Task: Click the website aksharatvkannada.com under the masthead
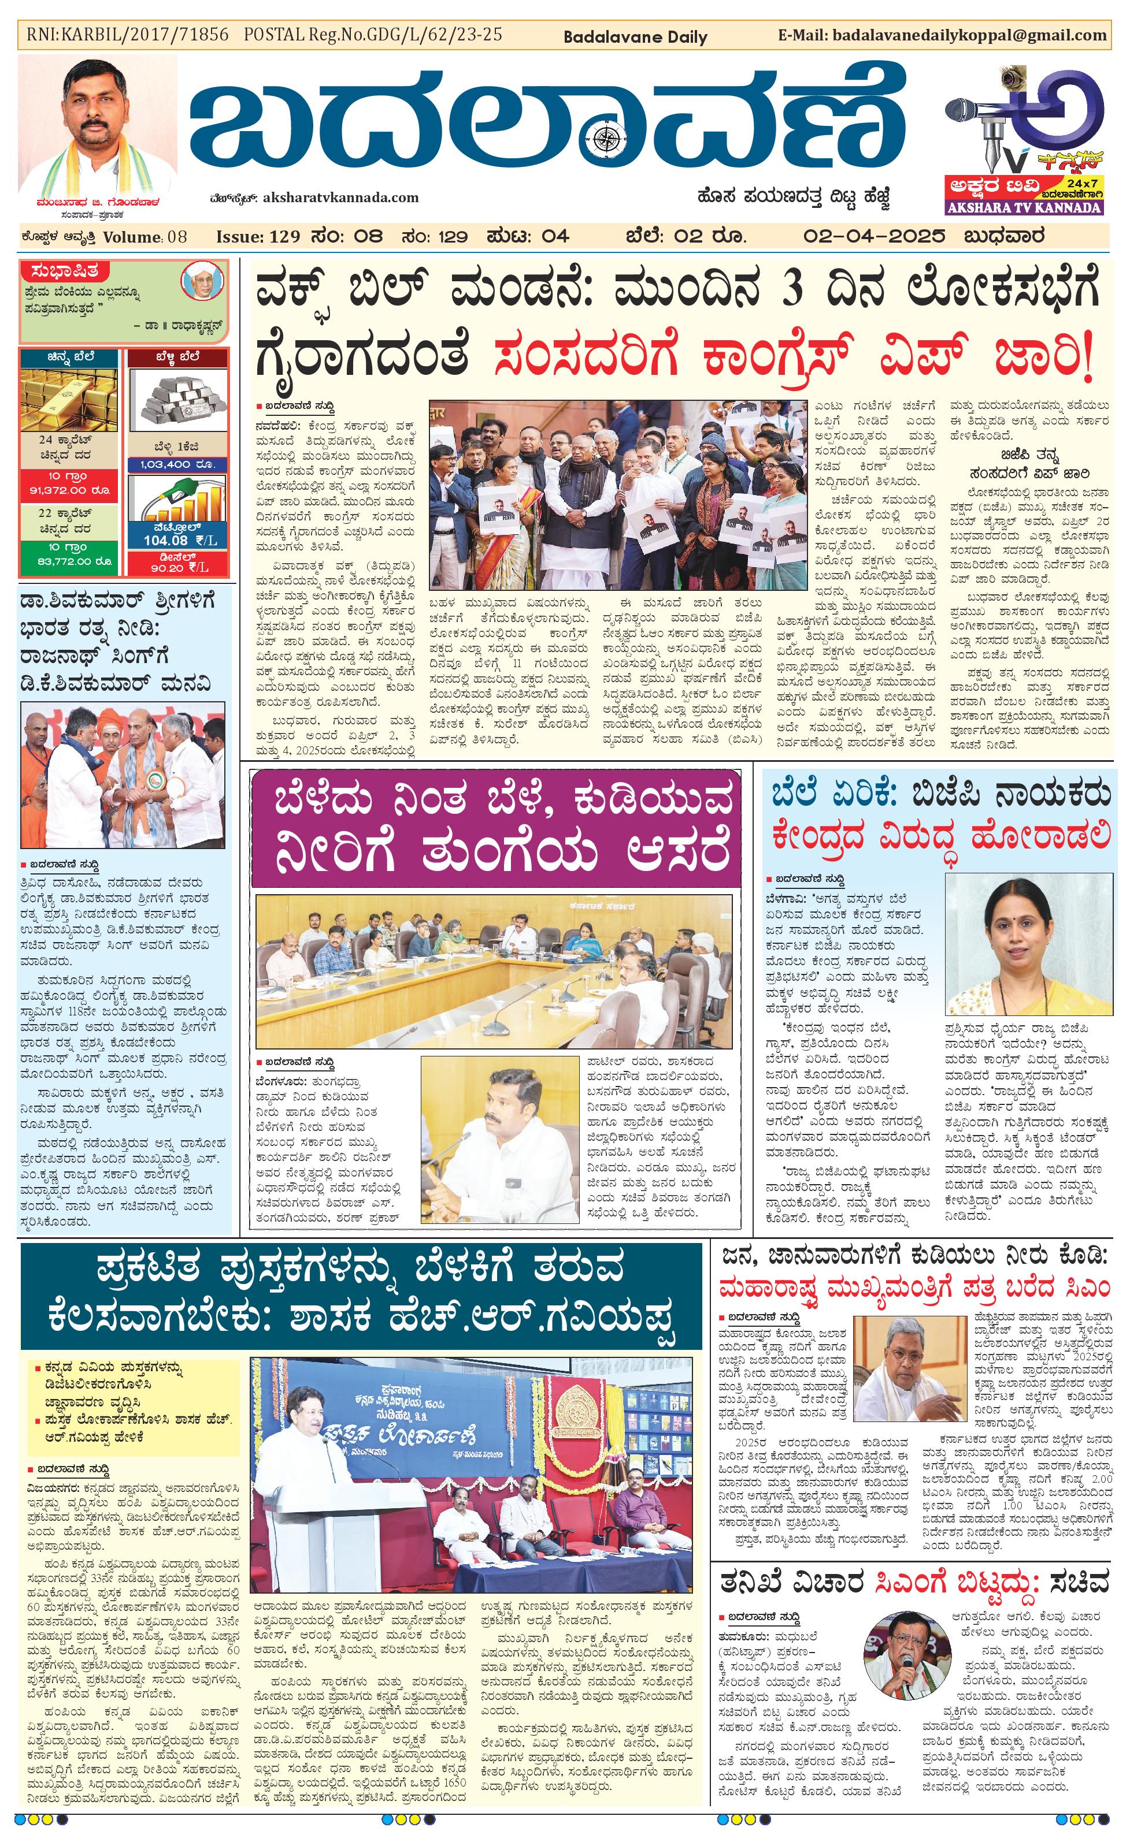pos(340,198)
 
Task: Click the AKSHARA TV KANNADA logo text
pos(1023,207)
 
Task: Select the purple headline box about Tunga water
pos(496,828)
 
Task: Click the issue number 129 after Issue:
pos(284,237)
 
